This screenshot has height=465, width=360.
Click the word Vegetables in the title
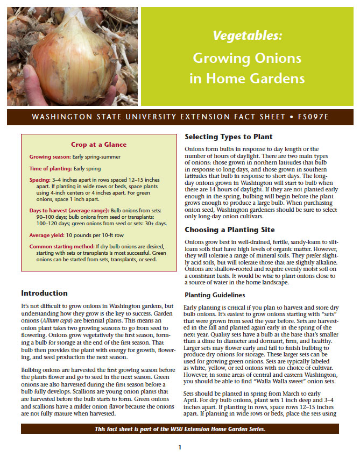click(x=247, y=36)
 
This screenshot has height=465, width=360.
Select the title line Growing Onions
click(x=247, y=58)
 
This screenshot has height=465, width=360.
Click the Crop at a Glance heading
click(x=99, y=144)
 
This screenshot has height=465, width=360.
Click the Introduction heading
click(x=44, y=294)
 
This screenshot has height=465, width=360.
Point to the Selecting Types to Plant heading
click(x=229, y=137)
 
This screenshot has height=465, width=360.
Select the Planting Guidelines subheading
click(x=215, y=295)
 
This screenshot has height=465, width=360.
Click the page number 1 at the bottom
click(x=180, y=447)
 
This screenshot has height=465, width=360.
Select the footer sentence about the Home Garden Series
click(x=180, y=428)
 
